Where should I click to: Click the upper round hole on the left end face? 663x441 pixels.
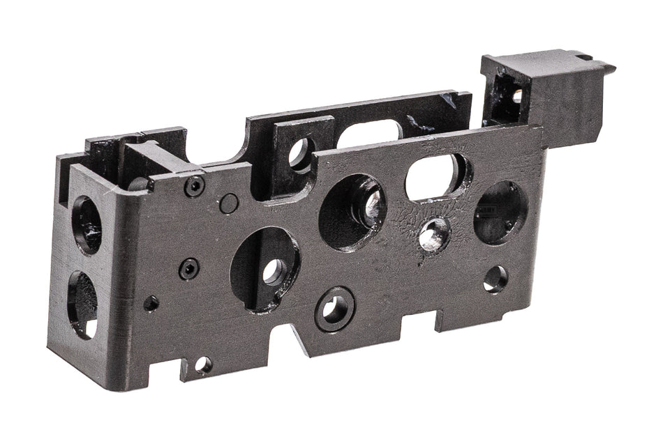tap(87, 224)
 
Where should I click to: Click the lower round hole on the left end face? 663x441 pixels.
tap(83, 304)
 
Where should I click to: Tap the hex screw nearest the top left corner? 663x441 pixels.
tap(195, 186)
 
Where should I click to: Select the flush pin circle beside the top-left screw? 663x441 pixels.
tap(228, 203)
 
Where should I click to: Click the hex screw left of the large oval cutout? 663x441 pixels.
tap(188, 268)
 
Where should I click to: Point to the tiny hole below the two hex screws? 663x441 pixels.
tap(151, 304)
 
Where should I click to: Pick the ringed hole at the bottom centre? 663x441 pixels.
tap(334, 309)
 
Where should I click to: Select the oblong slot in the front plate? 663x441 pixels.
tap(434, 177)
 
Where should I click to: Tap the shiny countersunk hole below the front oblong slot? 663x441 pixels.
tap(433, 235)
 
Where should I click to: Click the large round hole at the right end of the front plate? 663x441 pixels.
tap(500, 212)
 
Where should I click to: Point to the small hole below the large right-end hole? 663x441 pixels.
tap(496, 279)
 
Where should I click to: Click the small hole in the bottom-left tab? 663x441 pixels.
tap(203, 364)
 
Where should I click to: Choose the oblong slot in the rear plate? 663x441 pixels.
tap(368, 134)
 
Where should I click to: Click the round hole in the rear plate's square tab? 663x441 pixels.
tap(300, 152)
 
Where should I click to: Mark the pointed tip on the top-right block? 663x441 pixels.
tap(611, 68)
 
